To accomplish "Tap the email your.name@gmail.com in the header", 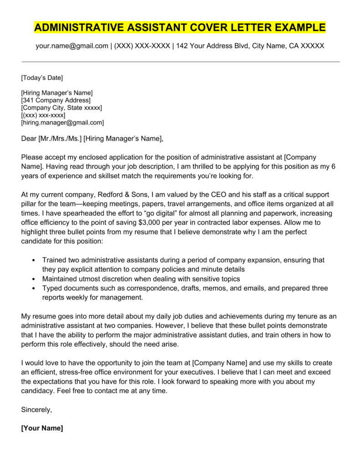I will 72,46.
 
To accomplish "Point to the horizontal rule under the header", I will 180,61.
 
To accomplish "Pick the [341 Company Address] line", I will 56,100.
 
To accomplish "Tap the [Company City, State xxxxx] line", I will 62,108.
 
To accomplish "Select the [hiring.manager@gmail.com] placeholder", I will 63,122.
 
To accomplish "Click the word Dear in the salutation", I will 29,138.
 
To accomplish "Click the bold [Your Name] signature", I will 42,428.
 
